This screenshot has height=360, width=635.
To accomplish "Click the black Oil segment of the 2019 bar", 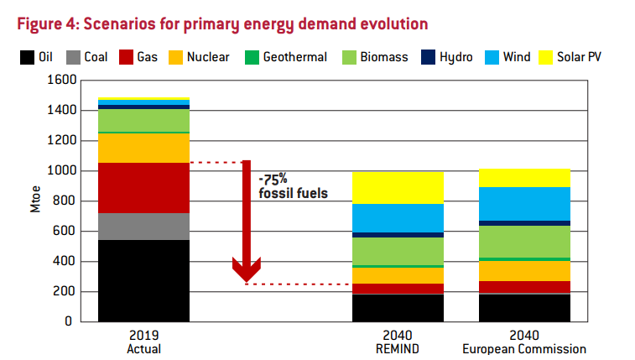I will click(x=143, y=280).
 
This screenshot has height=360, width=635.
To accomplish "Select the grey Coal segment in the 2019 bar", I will click(x=143, y=227).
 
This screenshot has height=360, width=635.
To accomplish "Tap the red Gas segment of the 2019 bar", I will click(x=143, y=187).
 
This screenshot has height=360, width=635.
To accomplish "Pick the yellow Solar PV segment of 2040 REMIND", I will click(x=398, y=188).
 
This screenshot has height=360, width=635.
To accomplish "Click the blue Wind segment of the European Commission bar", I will click(x=524, y=204).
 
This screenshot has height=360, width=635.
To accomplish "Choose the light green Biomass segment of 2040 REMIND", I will click(x=398, y=251).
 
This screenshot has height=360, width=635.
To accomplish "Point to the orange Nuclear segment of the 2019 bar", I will click(x=143, y=148).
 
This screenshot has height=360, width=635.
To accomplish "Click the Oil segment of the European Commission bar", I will click(x=524, y=307).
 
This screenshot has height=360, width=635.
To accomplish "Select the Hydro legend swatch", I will click(x=429, y=57).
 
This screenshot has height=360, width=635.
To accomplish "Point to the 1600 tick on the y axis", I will click(x=65, y=81).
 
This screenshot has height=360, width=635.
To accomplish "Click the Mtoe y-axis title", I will click(x=34, y=201).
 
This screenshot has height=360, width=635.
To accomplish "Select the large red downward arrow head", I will click(x=247, y=270).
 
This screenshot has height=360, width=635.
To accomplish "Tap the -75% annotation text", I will click(x=274, y=178).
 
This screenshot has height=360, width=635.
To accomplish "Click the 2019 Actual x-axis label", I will click(x=143, y=342).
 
